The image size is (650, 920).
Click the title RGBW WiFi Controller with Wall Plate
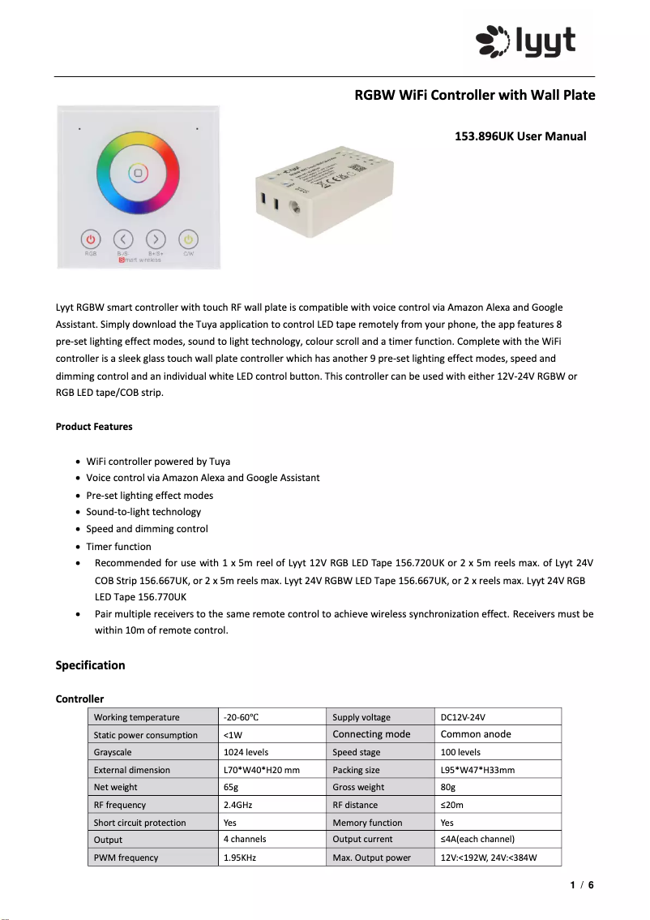tap(475, 95)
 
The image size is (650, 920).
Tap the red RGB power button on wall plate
tap(91, 239)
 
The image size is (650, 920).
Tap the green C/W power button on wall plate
tap(188, 239)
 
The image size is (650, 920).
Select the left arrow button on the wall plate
tap(123, 239)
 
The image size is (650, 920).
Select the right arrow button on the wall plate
tap(156, 239)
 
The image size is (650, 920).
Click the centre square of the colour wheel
tap(138, 173)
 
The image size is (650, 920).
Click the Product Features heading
tap(94, 427)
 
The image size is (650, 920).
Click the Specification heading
tap(90, 665)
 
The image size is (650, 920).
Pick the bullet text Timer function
tap(118, 546)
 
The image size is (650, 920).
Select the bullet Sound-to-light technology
tap(143, 512)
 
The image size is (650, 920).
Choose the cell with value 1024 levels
tap(246, 752)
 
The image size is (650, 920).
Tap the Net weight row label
tap(116, 787)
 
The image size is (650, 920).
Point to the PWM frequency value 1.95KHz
tap(240, 858)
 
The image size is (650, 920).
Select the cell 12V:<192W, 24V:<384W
tap(489, 858)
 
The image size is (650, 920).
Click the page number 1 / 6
tap(581, 885)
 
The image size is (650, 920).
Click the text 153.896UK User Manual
tap(520, 136)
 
